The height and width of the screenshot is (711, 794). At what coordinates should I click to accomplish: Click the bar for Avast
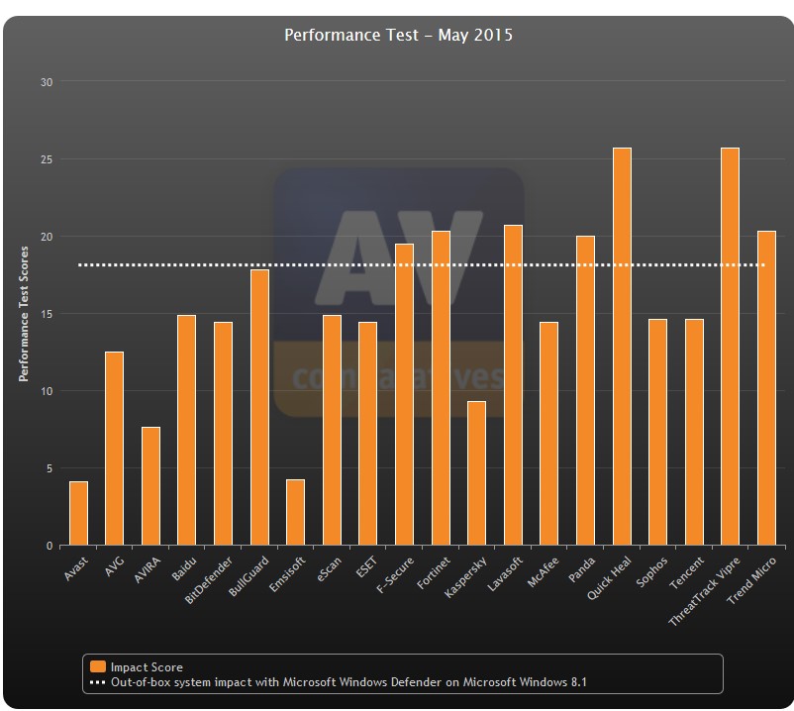pos(78,513)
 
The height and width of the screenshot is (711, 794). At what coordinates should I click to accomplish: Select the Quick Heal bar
pos(622,347)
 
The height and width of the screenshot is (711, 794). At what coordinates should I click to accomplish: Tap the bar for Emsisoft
pos(295,512)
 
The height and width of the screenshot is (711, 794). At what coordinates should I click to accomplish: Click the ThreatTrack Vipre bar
pos(730,347)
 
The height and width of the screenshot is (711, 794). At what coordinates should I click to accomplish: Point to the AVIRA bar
pos(150,485)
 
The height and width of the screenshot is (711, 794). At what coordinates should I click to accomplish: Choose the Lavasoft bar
pos(513,385)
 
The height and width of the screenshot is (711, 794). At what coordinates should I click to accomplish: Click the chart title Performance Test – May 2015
pos(398,36)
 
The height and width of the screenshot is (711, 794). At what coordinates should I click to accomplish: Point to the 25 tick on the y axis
pos(46,158)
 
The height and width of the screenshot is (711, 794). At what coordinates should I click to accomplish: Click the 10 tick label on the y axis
pos(46,391)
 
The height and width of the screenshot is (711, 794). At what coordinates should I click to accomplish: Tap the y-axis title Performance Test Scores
pos(23,314)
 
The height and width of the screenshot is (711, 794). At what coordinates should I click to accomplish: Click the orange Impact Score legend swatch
pos(98,666)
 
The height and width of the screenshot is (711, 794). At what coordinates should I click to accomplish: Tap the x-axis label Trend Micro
pos(751,581)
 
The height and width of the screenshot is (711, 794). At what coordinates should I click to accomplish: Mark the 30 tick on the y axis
pos(46,81)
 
